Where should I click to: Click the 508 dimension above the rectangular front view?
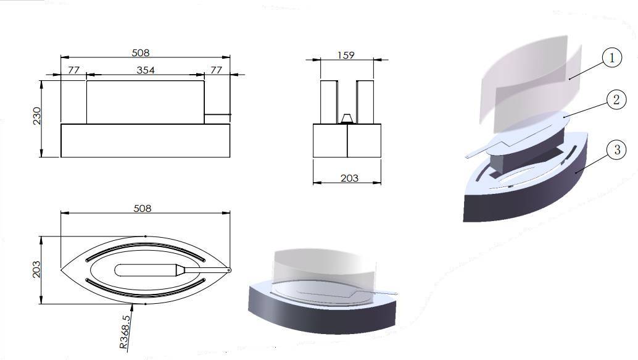(141, 52)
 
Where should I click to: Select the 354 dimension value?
(146, 70)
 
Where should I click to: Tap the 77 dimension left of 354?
(73, 70)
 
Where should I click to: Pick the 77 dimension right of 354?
(216, 70)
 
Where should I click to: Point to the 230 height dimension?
(37, 115)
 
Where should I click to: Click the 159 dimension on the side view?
(346, 55)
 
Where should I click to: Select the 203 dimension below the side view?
(349, 178)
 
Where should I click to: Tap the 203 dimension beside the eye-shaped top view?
(36, 270)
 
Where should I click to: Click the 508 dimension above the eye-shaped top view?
(143, 209)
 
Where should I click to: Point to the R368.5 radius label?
(125, 332)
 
